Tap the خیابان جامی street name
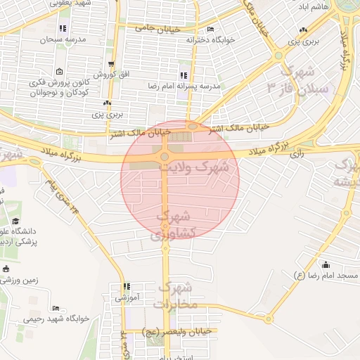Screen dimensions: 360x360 (158, 29)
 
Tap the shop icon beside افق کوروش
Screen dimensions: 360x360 (109, 64)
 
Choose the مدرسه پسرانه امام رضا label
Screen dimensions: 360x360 (191, 86)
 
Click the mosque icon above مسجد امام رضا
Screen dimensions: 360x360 (326, 265)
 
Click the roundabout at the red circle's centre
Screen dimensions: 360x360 (165, 157)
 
